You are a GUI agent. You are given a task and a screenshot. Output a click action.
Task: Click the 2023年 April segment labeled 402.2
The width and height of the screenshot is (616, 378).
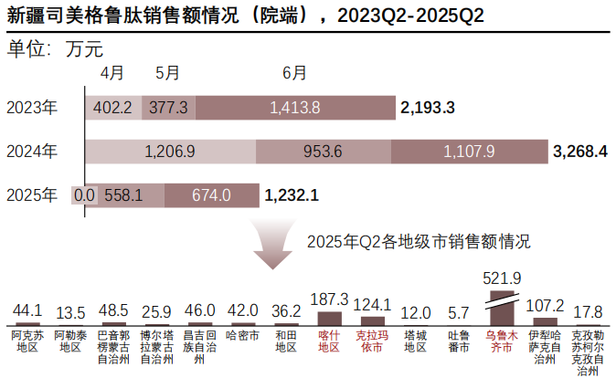[114, 108]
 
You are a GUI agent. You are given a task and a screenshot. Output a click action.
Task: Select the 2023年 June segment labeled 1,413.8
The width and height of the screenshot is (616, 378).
[294, 108]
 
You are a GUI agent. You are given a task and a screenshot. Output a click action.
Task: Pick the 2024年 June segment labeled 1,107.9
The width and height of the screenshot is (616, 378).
[468, 151]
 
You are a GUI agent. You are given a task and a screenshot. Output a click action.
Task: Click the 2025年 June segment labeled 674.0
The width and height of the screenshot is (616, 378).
[212, 194]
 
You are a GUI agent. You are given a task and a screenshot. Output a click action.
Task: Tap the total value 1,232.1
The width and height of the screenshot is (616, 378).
[292, 194]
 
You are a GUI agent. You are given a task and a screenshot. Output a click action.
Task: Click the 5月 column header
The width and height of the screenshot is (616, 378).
[168, 73]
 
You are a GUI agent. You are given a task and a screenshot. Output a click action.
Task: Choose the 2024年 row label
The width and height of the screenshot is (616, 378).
[31, 151]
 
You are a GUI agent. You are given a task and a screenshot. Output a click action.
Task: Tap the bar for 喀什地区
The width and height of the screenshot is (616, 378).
[330, 318]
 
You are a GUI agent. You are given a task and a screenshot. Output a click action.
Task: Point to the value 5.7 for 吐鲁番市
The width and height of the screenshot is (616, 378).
[459, 311]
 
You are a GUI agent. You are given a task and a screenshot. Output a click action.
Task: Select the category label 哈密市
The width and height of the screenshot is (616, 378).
[243, 336]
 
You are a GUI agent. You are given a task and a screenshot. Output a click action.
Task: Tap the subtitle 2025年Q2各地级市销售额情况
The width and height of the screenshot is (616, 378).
[419, 242]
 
